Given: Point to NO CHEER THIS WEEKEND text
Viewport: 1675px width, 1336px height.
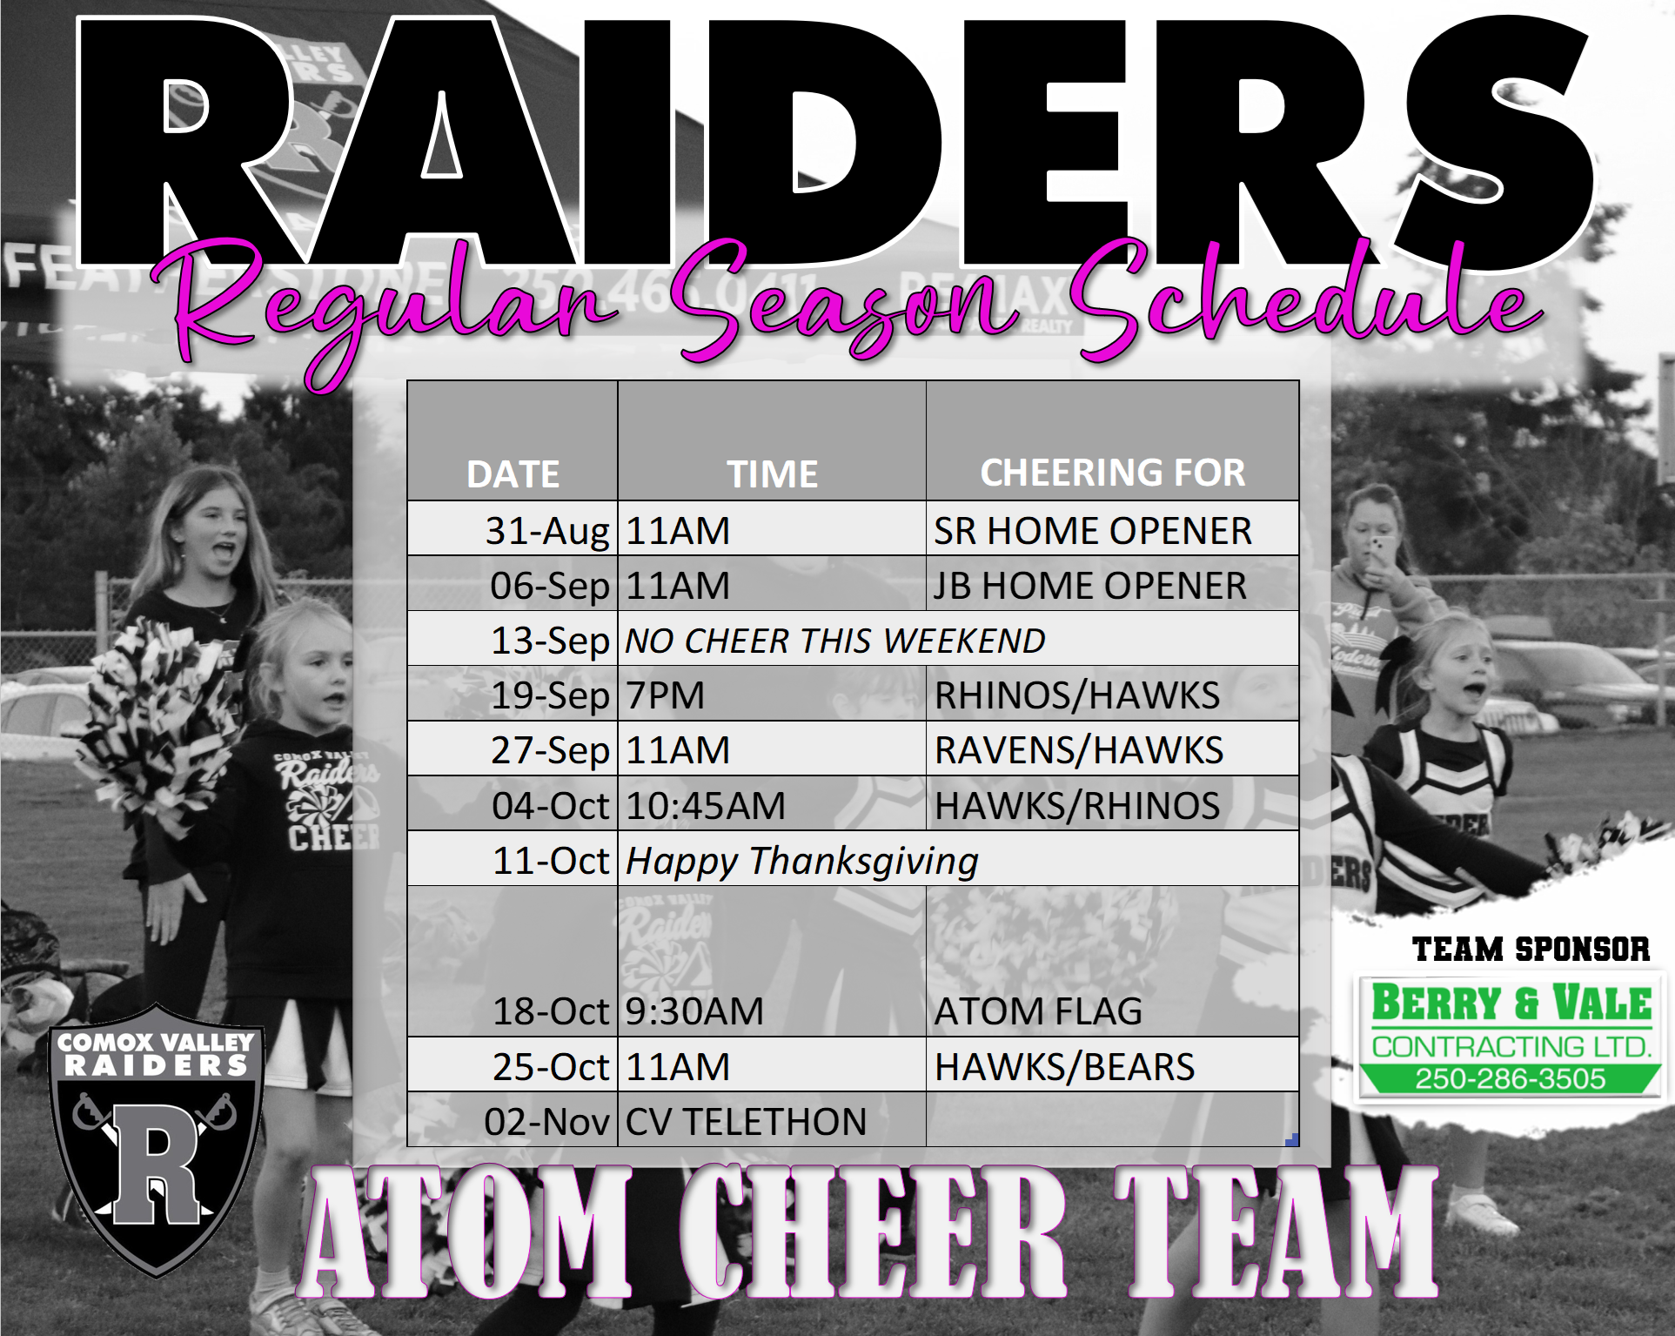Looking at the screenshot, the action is [835, 641].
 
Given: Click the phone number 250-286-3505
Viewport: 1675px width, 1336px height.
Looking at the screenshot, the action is [1510, 1079].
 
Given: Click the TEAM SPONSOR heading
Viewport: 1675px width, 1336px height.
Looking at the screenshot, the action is [1531, 949].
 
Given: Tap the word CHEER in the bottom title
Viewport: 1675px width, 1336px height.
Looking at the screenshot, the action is [873, 1232].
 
